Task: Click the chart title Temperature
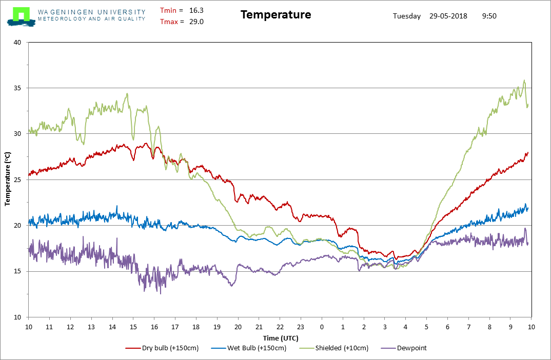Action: [275, 15]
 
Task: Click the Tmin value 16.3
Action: [196, 10]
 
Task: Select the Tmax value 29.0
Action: [196, 22]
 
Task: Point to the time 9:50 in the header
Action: [489, 16]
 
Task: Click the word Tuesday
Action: [407, 16]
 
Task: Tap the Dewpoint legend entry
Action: [411, 348]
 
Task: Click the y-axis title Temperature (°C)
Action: [8, 179]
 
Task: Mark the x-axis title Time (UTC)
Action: [280, 338]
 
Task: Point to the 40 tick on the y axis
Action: [17, 43]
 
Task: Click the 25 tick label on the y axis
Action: [17, 180]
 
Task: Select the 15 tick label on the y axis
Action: [17, 272]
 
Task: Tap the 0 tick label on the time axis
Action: [322, 327]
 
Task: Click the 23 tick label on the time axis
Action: [301, 327]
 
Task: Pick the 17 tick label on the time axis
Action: [175, 327]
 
